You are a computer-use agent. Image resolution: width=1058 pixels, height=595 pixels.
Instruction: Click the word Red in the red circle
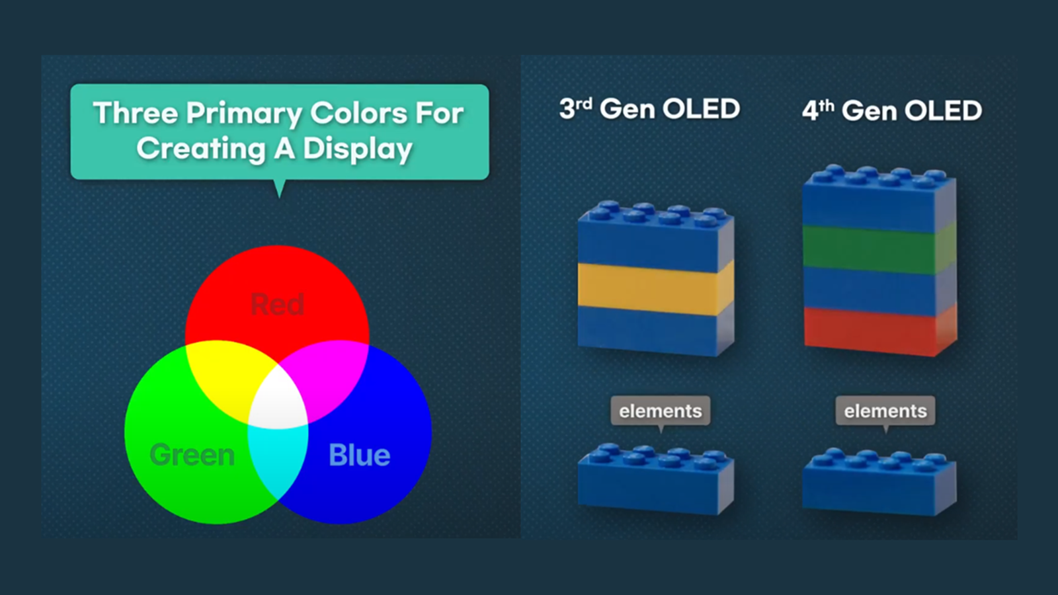point(277,304)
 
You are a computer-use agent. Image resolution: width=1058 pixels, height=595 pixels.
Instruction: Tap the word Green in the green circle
point(192,455)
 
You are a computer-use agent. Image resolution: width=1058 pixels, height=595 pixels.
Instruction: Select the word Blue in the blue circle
point(360,455)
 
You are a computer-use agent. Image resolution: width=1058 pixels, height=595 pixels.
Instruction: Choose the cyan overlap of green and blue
point(278,458)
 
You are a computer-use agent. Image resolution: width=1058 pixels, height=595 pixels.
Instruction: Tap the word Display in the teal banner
point(358,149)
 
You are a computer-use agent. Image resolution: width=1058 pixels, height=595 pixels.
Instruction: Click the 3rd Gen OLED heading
point(649,108)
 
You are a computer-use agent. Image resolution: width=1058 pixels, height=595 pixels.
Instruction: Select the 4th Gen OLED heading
point(892,110)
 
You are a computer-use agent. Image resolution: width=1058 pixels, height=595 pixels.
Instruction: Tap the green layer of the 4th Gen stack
point(879,250)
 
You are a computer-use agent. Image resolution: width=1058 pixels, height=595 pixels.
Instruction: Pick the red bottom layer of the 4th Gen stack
point(880,331)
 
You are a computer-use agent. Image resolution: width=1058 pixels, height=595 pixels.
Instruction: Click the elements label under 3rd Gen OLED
point(661,411)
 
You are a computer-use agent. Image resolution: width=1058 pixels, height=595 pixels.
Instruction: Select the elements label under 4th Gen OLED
point(885,411)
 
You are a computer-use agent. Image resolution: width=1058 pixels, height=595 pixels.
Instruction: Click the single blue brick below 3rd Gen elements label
point(655,479)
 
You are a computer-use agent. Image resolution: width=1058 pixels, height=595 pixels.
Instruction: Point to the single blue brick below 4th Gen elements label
point(879,482)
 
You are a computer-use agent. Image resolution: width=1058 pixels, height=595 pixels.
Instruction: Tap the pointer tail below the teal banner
point(280,188)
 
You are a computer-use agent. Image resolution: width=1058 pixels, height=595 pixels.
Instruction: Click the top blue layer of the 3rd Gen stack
point(655,236)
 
